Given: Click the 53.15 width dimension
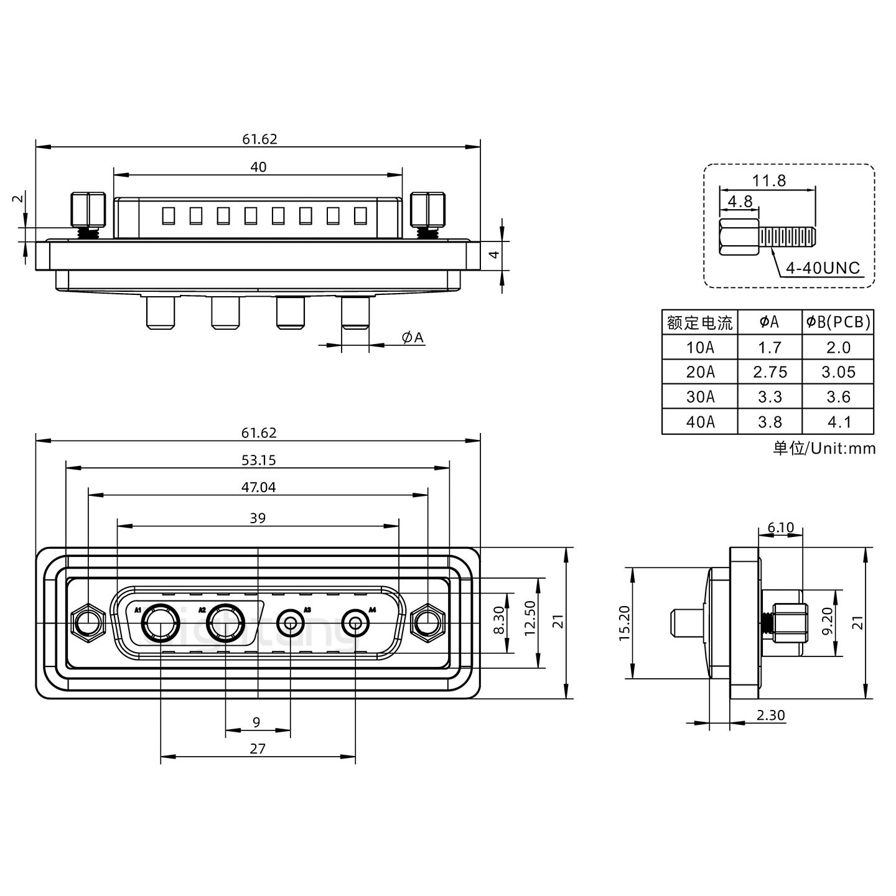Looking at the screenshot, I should coord(258,460).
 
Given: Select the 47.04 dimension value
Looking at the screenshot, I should coord(258,488).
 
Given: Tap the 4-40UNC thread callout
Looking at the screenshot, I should coord(822,268).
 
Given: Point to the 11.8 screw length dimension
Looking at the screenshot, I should coord(768,180).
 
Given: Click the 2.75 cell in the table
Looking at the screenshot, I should coord(770,372).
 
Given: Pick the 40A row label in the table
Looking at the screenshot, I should coord(700,422).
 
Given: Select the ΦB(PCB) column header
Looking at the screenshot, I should coord(838,322).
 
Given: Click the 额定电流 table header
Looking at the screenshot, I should coord(700,322).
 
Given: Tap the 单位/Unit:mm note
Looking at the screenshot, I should coord(824,448).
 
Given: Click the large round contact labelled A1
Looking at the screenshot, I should coord(161,623).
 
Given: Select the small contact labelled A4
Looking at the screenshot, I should coord(355,622).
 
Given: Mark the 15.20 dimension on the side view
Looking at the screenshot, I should coord(625,622).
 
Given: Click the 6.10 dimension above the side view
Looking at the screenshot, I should coord(780,528).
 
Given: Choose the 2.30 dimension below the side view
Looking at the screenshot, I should coord(770,716).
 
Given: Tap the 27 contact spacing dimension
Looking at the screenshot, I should coord(257,749).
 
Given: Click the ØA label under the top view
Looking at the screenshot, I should coord(413,338).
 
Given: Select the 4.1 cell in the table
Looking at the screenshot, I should coord(838,422).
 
